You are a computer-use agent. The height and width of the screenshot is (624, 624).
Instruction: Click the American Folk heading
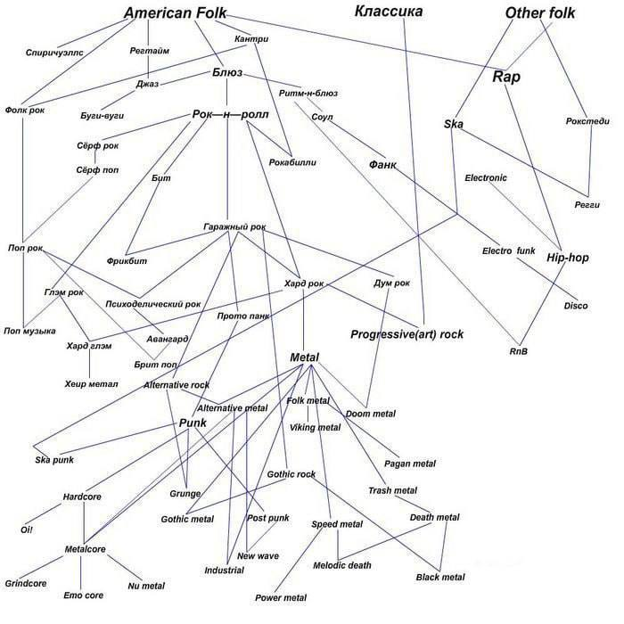coord(176,13)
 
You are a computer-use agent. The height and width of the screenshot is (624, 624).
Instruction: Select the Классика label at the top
coord(388,12)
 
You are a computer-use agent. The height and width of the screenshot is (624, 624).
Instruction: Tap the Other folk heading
coord(539,13)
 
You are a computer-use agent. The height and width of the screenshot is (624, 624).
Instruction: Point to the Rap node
coord(506,77)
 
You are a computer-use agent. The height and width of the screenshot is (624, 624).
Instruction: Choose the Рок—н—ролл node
coord(230,114)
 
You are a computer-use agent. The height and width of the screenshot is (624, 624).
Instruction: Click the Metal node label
coord(305,357)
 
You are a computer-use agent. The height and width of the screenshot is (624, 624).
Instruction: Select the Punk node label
coord(193,423)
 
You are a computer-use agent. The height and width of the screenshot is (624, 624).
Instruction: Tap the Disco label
coord(575,306)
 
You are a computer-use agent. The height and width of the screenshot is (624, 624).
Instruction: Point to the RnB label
coord(519,351)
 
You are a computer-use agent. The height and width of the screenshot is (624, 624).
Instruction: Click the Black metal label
coord(439,578)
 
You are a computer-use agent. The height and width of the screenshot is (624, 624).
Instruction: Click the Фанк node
coord(382,166)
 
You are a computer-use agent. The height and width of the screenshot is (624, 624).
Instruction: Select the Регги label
coord(587,205)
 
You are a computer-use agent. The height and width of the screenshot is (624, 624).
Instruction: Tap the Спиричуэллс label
coord(54,53)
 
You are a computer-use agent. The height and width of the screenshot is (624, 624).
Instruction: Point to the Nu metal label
coord(146,586)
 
